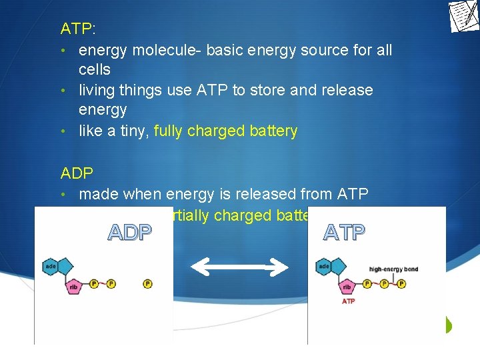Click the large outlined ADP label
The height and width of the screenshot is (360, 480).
(130, 232)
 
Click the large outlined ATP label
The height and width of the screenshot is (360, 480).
(344, 232)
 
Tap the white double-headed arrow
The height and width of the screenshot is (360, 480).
(239, 267)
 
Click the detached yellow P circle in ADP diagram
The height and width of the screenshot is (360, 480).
(147, 283)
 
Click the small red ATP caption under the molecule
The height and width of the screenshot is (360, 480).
(348, 301)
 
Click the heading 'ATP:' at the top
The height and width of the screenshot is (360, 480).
(78, 29)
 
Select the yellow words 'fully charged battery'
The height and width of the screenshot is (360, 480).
(225, 131)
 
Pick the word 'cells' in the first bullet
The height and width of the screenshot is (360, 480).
(95, 70)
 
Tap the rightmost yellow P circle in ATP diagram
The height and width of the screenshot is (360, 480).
(401, 283)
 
